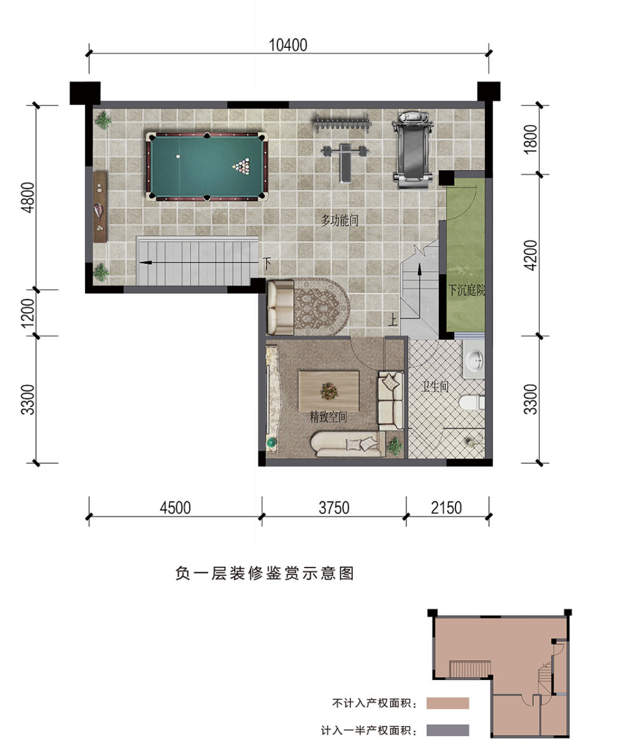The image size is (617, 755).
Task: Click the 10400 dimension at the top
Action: coord(287,45)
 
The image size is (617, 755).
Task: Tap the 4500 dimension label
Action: coord(175,508)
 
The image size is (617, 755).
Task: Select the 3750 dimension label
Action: coord(334,508)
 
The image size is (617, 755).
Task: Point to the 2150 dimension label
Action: coord(447,508)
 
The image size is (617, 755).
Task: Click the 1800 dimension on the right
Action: coord(530,139)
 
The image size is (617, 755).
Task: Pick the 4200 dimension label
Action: coord(530,255)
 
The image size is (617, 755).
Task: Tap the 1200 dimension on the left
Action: coord(28,313)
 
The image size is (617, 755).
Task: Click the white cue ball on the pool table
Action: coord(178,157)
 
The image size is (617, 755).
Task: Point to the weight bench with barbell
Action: coord(345,161)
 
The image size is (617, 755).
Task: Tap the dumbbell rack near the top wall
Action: coord(341,124)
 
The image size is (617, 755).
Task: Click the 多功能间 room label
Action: coord(339,220)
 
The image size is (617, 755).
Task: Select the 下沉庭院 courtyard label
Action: coord(467,290)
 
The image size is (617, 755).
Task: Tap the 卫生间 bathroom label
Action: coord(435,386)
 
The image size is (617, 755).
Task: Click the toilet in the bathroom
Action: coord(472,403)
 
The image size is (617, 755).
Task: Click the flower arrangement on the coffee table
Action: coord(330,391)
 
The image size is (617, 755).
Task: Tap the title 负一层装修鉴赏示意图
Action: coord(265,573)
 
